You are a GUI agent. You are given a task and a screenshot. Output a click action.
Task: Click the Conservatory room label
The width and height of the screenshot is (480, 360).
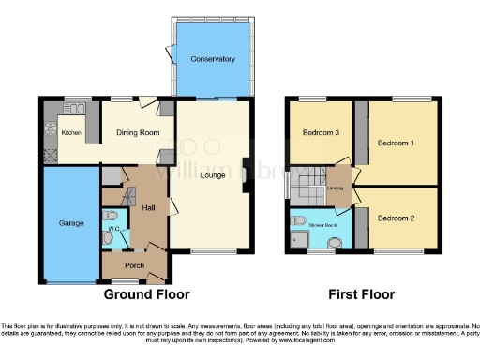click(212, 59)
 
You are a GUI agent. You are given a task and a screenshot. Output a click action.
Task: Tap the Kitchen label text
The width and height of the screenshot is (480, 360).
click(72, 133)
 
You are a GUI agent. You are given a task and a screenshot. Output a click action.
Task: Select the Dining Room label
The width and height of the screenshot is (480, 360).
click(132, 133)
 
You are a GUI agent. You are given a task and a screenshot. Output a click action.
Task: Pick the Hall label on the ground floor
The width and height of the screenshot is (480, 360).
click(148, 208)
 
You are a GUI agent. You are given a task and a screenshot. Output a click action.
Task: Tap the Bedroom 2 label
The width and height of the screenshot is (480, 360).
click(396, 217)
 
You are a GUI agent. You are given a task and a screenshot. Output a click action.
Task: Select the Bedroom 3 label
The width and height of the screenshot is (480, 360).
click(321, 133)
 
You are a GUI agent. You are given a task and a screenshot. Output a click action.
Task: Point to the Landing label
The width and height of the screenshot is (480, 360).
click(337, 188)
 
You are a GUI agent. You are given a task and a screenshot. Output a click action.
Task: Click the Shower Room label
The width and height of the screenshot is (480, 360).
click(323, 225)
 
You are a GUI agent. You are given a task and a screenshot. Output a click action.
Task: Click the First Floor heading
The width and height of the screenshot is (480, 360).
click(355, 293)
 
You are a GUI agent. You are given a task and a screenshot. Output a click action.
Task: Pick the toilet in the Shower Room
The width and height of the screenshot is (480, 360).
click(298, 220)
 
